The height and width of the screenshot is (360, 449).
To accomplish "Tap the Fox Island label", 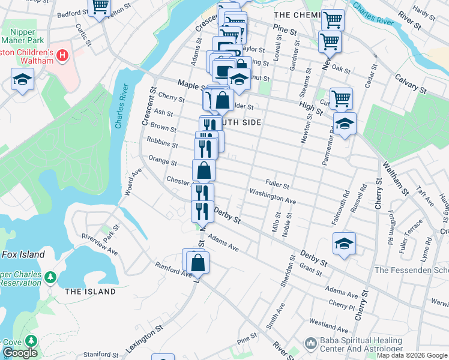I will [23, 254].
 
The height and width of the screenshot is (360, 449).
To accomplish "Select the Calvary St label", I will [411, 84].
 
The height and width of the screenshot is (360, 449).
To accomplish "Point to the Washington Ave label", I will [273, 196].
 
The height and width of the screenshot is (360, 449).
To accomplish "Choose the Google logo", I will [19, 353].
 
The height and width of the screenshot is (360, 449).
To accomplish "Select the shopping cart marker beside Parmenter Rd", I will [341, 97].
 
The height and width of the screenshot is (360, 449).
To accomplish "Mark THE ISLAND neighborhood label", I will [90, 292].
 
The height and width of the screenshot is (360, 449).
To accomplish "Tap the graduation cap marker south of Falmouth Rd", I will [344, 244].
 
